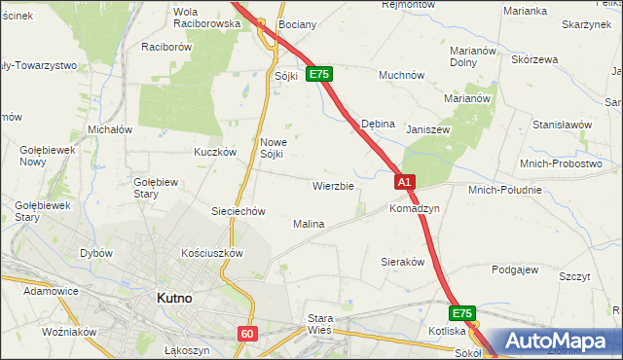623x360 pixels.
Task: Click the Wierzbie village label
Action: (x=333, y=185)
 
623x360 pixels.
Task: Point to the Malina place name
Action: (x=309, y=224)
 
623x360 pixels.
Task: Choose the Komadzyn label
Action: (x=415, y=208)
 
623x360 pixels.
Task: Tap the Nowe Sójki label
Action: (x=273, y=148)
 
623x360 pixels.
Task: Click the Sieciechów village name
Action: (x=238, y=211)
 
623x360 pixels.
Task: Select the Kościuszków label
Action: (x=211, y=252)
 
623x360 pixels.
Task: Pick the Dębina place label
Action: (x=378, y=124)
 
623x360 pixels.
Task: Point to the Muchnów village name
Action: (x=401, y=74)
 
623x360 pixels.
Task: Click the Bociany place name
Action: (x=295, y=23)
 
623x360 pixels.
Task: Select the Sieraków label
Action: (x=406, y=262)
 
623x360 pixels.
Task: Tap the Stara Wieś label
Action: (x=320, y=323)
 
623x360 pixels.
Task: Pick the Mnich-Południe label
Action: (x=504, y=190)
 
